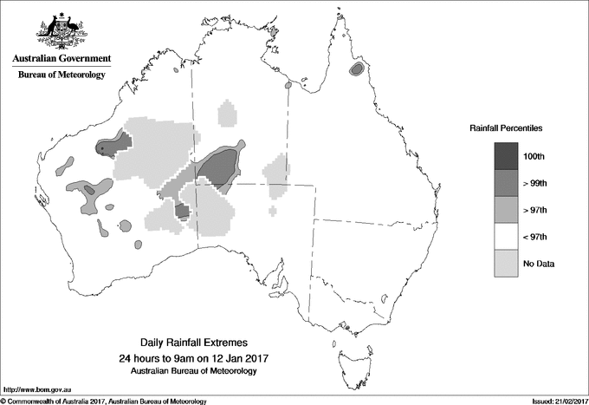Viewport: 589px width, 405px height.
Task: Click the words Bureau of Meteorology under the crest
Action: coord(61,75)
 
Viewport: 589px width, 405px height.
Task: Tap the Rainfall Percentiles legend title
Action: coord(506,127)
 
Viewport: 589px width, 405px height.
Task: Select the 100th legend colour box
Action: coord(506,156)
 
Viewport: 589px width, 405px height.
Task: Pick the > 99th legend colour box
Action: coord(506,183)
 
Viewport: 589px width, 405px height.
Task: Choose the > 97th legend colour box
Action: coord(506,210)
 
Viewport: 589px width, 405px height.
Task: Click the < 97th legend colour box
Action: coord(506,237)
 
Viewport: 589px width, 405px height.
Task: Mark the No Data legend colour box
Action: coord(506,264)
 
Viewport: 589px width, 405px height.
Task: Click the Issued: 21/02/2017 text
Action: coord(555,401)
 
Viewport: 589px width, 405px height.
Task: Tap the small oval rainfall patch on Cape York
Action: coord(356,70)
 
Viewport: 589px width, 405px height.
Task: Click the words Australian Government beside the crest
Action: coord(61,59)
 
